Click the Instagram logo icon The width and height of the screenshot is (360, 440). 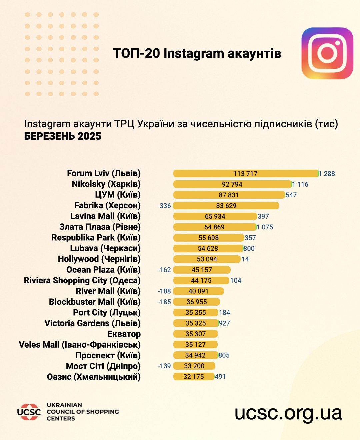[x=327, y=53]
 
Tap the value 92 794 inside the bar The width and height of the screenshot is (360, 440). [x=232, y=184]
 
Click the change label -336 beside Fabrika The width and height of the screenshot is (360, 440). [x=164, y=206]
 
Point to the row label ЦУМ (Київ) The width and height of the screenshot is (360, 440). [x=118, y=195]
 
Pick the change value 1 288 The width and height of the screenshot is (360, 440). [x=327, y=174]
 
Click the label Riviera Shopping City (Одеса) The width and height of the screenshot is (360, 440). [x=82, y=280]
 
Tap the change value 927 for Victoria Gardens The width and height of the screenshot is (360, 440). [x=224, y=323]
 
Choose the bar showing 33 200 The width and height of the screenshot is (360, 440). [x=194, y=366]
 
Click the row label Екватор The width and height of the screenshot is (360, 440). [x=124, y=334]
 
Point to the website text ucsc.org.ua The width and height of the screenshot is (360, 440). [x=288, y=413]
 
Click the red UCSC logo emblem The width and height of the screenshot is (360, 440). [x=29, y=412]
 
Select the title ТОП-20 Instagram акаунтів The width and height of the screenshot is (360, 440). [x=197, y=53]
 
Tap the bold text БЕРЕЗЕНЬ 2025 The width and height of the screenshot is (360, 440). [x=63, y=136]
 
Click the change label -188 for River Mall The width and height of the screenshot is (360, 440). [x=164, y=291]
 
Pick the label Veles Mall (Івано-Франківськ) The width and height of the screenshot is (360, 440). [x=80, y=345]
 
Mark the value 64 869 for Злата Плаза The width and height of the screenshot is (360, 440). [x=214, y=227]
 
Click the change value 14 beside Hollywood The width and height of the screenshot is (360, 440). [x=245, y=259]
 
